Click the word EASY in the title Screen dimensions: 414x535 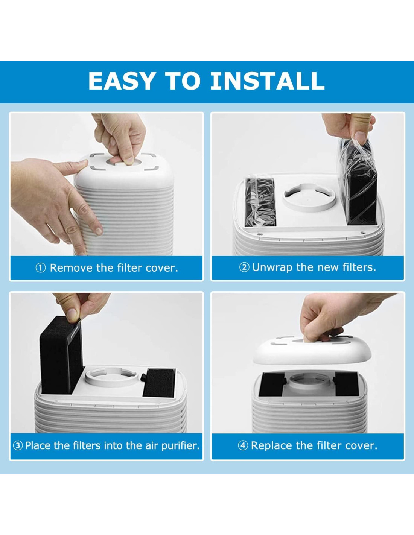(x=122, y=81)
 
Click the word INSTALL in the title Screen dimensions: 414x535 (x=268, y=81)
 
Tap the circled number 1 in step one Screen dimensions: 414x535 (x=41, y=268)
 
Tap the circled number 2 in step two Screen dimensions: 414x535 (x=244, y=267)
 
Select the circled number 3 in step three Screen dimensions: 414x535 (x=18, y=445)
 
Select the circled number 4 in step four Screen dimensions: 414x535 (x=243, y=445)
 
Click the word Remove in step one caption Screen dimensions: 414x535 (x=72, y=268)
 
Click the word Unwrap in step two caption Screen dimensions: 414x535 (x=272, y=267)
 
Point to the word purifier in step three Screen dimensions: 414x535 (x=180, y=446)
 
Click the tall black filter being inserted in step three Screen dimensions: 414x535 (x=62, y=356)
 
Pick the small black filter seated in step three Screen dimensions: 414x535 (x=159, y=383)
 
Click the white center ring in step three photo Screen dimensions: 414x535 (x=111, y=377)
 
